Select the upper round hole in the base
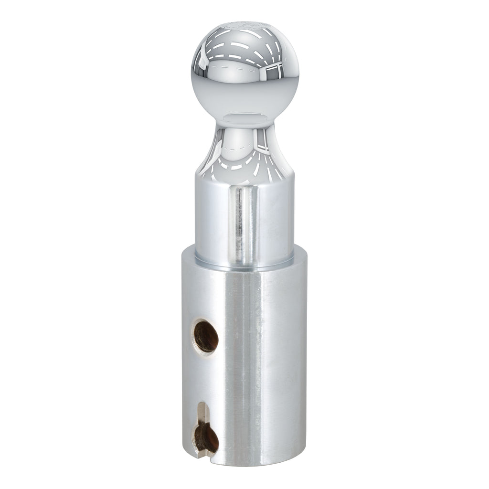click(x=206, y=335)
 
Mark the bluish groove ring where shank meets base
click(x=244, y=262)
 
